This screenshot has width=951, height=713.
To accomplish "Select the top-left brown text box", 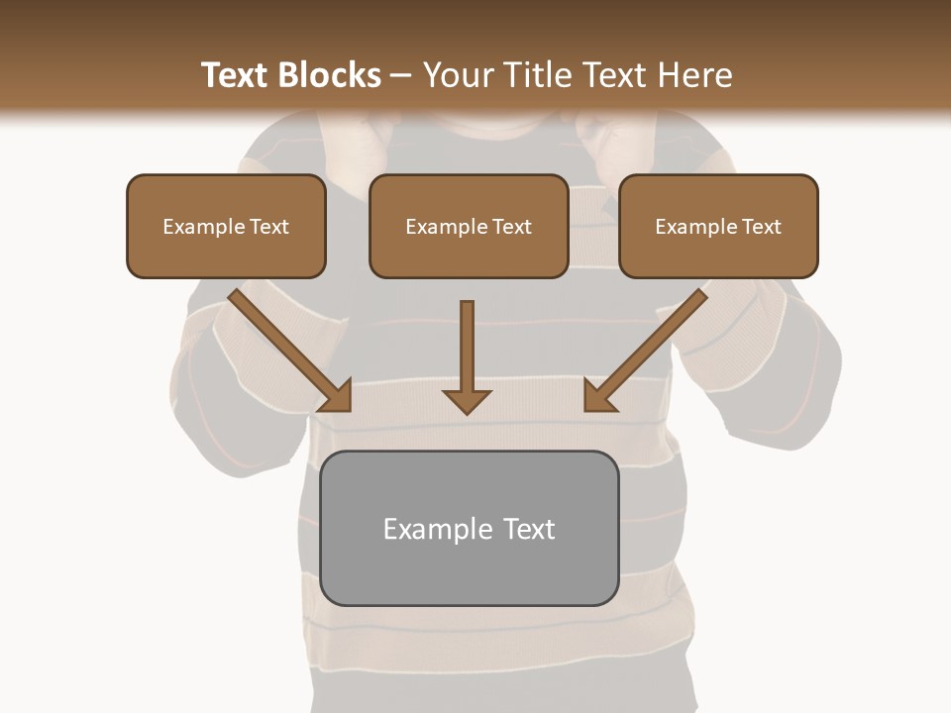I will [226, 226].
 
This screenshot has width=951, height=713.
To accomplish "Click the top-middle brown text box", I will [469, 226].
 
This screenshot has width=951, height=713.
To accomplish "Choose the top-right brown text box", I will [718, 226].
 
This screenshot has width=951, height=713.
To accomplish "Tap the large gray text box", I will [470, 528].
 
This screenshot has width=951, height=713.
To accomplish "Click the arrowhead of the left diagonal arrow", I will [337, 396].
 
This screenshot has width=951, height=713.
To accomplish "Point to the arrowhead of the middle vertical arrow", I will [467, 401].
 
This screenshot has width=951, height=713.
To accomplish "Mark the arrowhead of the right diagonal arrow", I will [599, 396].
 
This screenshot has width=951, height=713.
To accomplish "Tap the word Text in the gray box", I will [529, 529].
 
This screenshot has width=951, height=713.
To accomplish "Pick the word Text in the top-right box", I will [761, 227].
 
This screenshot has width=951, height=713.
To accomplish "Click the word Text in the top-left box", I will [269, 227].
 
